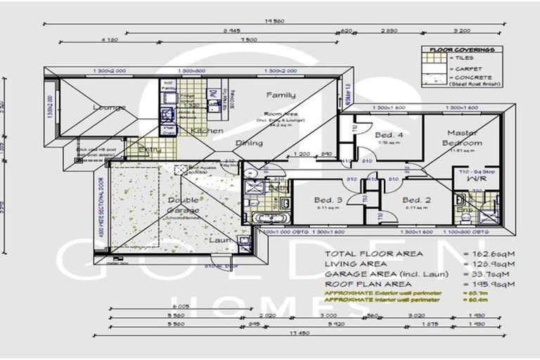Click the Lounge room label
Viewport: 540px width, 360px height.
[x=109, y=107]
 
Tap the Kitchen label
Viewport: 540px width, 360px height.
[x=207, y=131]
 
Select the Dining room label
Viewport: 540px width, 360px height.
[x=249, y=143]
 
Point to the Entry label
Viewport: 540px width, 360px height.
[x=150, y=149]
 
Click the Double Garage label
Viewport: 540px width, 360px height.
[x=183, y=205]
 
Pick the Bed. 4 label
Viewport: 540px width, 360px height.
[x=389, y=135]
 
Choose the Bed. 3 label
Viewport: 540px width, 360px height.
[x=328, y=200]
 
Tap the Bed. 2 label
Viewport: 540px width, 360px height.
[x=416, y=200]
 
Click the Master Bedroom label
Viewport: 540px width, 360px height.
[x=462, y=138]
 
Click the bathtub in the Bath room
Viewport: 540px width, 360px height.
[x=271, y=218]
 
